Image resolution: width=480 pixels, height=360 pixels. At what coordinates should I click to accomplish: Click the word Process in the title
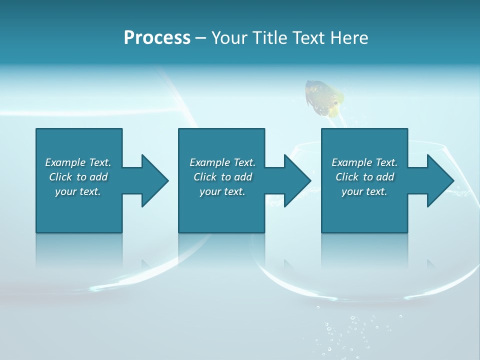157,37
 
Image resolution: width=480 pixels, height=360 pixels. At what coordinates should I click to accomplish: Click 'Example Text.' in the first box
78,162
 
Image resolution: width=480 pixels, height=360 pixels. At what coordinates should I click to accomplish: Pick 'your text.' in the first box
78,191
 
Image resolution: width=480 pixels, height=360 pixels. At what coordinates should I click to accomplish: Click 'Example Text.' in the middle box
222,162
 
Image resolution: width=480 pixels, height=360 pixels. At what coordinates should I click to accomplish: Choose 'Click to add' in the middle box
222,177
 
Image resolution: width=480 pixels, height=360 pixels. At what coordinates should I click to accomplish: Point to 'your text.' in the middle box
222,191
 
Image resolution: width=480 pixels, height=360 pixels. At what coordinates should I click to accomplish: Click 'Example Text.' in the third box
364,162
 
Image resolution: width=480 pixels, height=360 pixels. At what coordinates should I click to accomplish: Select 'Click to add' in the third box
364,177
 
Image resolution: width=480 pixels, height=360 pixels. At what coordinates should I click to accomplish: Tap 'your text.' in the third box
364,191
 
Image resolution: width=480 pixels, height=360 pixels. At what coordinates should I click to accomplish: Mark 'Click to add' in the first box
78,177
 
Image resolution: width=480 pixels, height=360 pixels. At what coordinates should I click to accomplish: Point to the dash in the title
201,38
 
